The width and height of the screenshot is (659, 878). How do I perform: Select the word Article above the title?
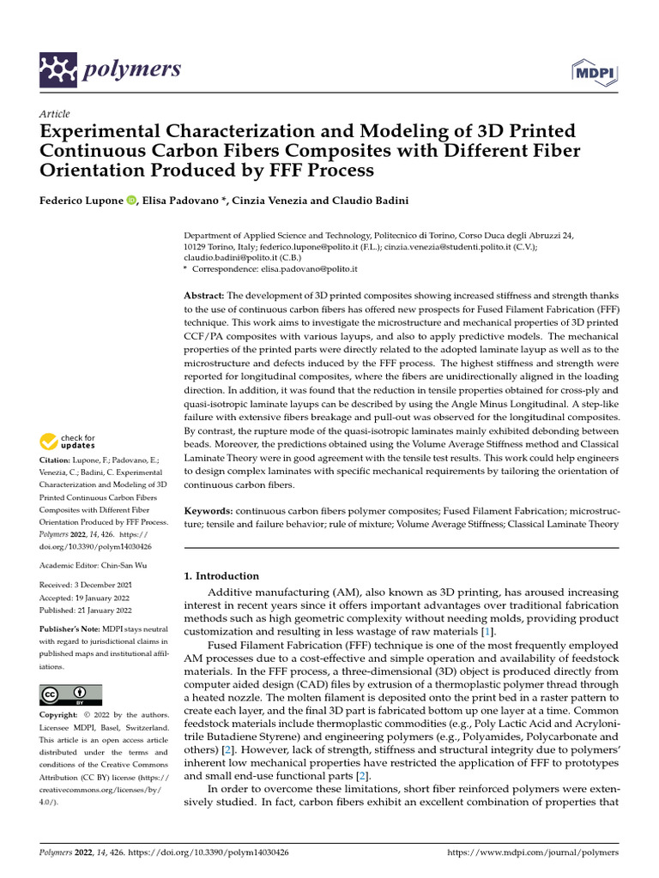click(55, 114)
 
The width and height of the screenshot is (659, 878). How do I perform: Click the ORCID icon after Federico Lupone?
click(131, 200)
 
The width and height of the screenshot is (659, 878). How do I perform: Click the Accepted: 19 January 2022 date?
click(84, 598)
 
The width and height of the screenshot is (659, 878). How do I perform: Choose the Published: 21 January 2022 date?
click(86, 610)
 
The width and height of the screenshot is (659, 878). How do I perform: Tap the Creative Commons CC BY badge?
click(70, 695)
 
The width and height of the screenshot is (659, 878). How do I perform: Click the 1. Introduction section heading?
click(222, 576)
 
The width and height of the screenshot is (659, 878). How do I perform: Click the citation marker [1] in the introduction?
click(487, 632)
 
